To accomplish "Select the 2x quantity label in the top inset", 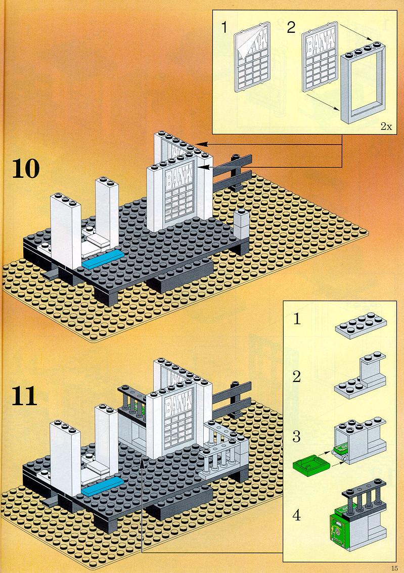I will (385, 126).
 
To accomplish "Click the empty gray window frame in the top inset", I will (362, 86).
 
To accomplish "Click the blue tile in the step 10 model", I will (103, 259).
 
